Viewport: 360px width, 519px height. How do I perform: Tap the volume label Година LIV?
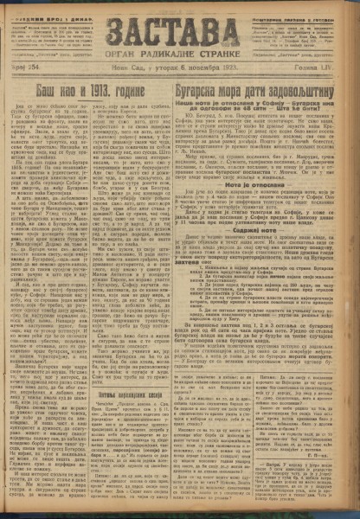[326, 78]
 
